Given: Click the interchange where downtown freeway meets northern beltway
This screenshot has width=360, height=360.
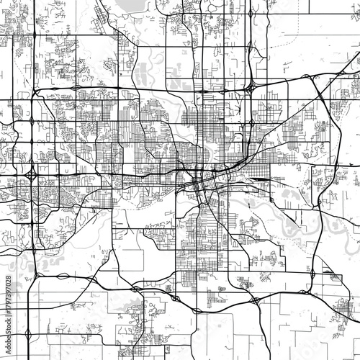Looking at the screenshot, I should [249, 87].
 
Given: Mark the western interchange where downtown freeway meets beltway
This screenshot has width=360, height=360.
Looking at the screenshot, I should [32, 175].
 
